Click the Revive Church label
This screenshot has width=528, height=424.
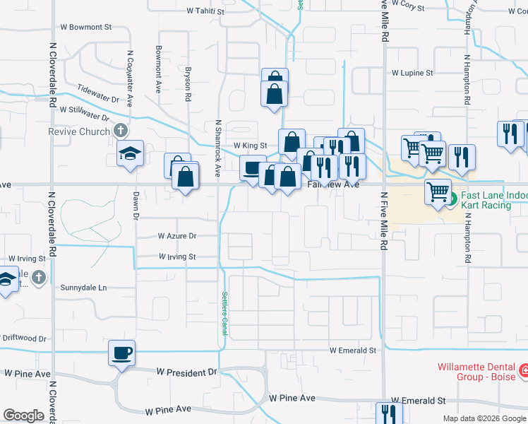point(79,131)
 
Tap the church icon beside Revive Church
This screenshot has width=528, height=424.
point(121,131)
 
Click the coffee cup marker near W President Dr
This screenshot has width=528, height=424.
point(121,352)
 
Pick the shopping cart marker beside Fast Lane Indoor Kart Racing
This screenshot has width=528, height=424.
point(438,191)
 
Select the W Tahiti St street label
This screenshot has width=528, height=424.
point(205,11)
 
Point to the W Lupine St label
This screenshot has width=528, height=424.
point(412,72)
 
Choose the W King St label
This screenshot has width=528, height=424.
point(250,145)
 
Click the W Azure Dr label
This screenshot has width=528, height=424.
point(176,235)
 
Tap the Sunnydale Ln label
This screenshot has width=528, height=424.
point(83,288)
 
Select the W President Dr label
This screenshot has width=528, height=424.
point(186,372)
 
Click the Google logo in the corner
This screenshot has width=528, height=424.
point(23,416)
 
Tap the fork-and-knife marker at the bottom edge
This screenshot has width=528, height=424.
point(389,413)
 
